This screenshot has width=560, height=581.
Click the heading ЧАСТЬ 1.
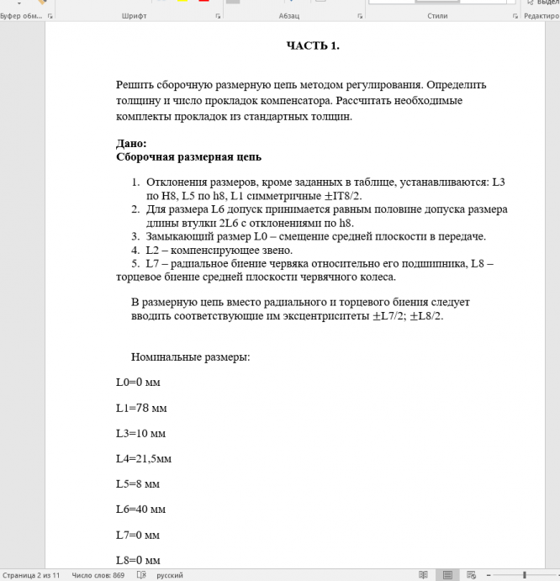[x=313, y=45]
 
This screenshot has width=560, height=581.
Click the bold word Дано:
[x=131, y=144]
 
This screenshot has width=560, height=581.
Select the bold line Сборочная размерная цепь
[x=188, y=156]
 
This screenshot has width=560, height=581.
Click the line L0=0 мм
[x=138, y=383]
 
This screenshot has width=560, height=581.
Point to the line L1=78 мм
[x=140, y=408]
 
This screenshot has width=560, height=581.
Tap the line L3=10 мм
[x=140, y=433]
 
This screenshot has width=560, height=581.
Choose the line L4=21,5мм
[x=144, y=458]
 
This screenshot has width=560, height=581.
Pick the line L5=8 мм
[x=138, y=484]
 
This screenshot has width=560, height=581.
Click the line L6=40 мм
[x=140, y=510]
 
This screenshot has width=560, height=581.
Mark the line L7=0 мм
[x=138, y=535]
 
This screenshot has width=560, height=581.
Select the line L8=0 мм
[x=138, y=560]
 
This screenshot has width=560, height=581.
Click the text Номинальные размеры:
[x=190, y=357]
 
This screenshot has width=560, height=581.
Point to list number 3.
[x=135, y=236]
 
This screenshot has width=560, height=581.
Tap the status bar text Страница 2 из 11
[x=32, y=575]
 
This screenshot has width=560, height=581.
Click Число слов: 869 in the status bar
[x=98, y=575]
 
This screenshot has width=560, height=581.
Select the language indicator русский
[x=169, y=575]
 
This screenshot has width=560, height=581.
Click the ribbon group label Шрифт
[x=135, y=16]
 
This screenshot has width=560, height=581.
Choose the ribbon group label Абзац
[x=288, y=16]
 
